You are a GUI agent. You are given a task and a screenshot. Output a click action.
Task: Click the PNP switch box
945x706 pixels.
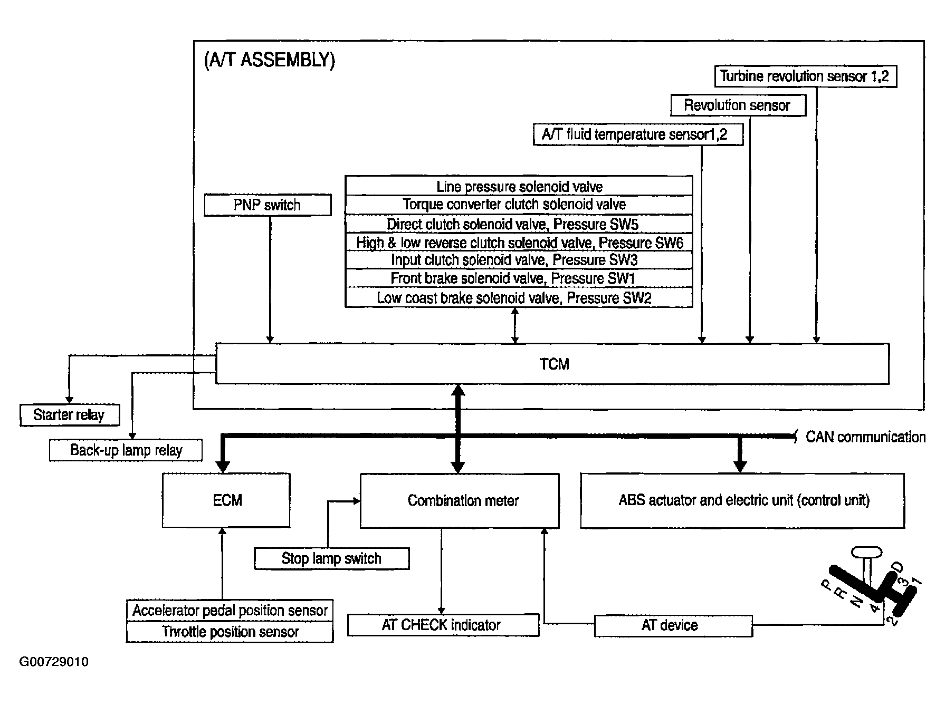(268, 205)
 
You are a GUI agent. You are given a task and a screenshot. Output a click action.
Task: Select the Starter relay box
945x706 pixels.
(70, 415)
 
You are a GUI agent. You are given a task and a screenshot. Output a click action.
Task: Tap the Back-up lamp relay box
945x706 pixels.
(126, 450)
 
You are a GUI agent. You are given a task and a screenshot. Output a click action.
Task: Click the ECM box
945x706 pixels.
(226, 500)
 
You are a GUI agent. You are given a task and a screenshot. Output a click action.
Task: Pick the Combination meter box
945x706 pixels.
(460, 501)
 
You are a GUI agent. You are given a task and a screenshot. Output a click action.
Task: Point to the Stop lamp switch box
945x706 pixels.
(331, 558)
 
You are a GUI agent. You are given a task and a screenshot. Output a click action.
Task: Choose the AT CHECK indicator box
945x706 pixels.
(443, 625)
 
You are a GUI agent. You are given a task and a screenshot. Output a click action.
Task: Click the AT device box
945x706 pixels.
(673, 625)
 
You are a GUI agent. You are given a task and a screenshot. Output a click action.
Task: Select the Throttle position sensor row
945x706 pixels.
(230, 632)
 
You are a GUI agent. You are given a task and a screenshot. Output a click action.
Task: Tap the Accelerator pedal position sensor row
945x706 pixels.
(230, 611)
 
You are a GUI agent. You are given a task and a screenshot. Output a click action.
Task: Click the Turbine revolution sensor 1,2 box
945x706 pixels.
(805, 76)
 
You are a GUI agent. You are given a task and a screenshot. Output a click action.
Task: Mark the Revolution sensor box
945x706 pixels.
(738, 105)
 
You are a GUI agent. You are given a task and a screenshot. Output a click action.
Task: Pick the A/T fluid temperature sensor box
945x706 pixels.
(638, 134)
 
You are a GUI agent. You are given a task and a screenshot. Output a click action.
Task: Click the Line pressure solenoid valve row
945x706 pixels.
(519, 186)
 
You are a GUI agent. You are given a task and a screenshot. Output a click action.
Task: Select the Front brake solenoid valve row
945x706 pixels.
(519, 278)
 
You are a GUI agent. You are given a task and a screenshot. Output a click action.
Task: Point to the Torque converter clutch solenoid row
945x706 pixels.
(519, 205)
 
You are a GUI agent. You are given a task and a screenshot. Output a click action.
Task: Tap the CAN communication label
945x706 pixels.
(865, 437)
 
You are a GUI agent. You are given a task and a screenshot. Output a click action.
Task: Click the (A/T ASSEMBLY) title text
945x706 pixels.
(269, 60)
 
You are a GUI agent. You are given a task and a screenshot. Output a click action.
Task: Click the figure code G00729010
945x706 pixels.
(54, 662)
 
